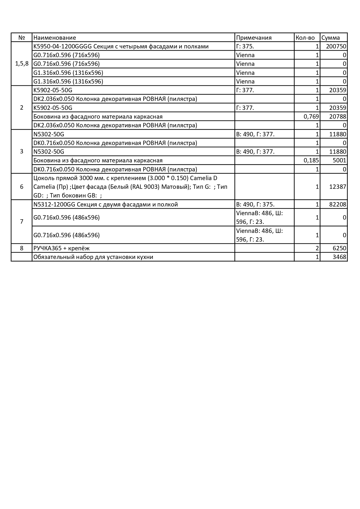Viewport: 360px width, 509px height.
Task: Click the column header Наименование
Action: [x=55, y=38]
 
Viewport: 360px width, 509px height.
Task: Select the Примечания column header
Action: [x=254, y=38]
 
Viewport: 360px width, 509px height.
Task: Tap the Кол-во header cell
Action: [x=305, y=38]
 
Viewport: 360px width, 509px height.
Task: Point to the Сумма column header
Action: [x=331, y=38]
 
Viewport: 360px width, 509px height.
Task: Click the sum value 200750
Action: [x=336, y=46]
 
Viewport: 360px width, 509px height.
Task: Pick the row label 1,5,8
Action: [x=22, y=64]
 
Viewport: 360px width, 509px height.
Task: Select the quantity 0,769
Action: [x=311, y=117]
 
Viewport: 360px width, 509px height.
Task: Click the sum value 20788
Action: [x=338, y=117]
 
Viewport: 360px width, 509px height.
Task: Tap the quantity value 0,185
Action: [x=311, y=160]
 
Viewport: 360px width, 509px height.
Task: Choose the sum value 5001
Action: [x=339, y=160]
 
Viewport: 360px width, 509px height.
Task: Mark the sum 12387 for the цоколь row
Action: [x=338, y=187]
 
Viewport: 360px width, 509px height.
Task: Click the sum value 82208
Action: [x=338, y=204]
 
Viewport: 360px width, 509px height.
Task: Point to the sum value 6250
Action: [x=339, y=248]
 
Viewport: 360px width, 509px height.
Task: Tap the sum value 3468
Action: [x=339, y=257]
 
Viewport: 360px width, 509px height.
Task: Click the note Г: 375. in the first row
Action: [x=245, y=46]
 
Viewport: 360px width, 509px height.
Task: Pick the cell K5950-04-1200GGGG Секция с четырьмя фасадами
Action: [x=121, y=46]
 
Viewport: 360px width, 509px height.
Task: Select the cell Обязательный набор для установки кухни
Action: [x=93, y=257]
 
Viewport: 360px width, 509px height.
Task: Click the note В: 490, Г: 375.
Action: [x=255, y=204]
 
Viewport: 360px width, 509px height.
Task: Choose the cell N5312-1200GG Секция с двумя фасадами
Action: [x=106, y=204]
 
